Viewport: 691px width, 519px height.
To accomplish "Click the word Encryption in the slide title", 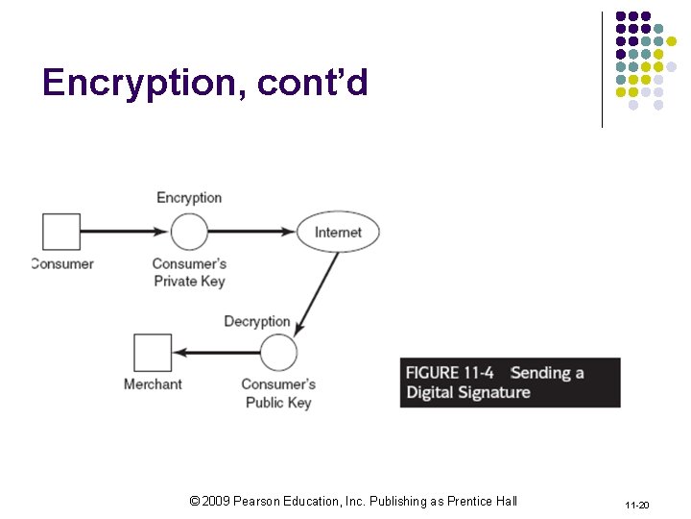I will pos(145,85).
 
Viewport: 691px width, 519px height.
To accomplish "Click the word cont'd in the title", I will pos(313,84).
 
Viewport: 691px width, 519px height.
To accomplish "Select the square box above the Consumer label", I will pos(61,232).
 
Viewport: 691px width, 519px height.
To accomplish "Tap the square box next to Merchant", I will pos(153,353).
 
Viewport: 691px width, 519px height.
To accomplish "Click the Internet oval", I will pos(338,232).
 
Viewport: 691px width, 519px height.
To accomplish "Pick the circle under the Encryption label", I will pos(189,232).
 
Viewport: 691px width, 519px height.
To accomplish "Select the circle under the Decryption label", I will pos(278,353).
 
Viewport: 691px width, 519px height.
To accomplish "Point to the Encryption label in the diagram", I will pos(189,197).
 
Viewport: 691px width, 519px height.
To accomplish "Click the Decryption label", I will pos(256,321).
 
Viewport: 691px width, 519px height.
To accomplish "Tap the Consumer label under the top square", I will pos(62,263).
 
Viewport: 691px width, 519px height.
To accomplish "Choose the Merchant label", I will pos(153,384).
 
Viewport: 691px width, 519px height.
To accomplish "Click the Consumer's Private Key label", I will pos(189,272).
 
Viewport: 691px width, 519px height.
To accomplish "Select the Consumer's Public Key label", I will pos(278,393).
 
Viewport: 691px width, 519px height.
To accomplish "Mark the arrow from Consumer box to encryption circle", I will pos(125,232).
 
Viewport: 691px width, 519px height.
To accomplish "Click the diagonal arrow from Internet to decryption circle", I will pos(318,291).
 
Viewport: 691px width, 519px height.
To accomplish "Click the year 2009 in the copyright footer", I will pos(218,501).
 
